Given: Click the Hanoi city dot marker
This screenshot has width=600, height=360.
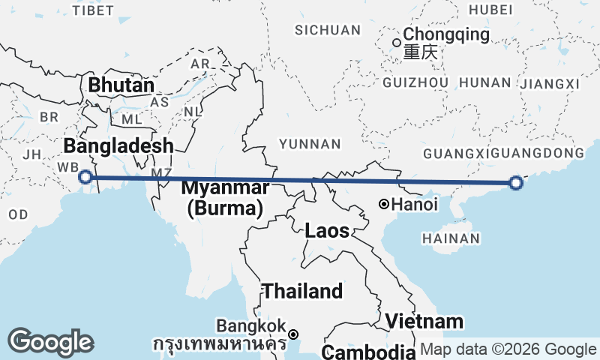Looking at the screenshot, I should click(383, 203).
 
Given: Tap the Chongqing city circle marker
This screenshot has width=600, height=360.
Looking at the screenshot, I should click(397, 42).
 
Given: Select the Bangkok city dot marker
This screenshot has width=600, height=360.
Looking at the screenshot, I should click(293, 334).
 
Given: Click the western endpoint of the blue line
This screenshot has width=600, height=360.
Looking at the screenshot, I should click(85, 177).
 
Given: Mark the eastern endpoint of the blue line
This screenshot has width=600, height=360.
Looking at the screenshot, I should click(515, 182).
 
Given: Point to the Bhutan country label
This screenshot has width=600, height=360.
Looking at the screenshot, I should click(121, 85).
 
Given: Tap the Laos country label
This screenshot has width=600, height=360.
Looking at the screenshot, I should click(327, 231).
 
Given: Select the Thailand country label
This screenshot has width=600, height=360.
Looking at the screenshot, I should click(302, 291).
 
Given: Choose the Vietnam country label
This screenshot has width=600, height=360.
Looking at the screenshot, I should click(424, 321).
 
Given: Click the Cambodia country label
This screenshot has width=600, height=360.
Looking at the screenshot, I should click(369, 352).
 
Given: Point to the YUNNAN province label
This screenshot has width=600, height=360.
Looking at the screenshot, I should click(310, 144).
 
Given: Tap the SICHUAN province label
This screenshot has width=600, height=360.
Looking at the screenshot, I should click(328, 30).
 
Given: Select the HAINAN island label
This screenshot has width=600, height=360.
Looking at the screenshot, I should click(451, 238).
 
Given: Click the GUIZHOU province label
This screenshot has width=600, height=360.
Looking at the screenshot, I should click(415, 82).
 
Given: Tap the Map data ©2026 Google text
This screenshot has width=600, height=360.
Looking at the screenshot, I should click(508, 349).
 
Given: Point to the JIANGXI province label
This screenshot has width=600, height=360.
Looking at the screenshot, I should click(550, 82).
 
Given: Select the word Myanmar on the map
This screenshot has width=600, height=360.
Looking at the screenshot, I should click(225, 187).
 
